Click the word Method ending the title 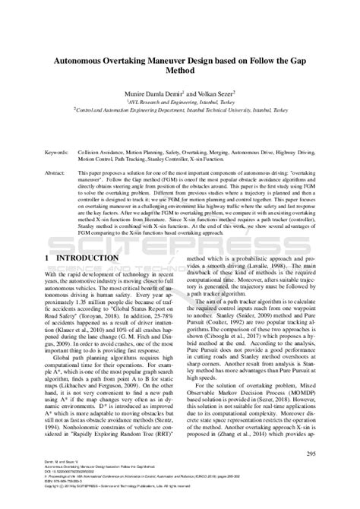[179, 70]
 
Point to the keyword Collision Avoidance [106, 152]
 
